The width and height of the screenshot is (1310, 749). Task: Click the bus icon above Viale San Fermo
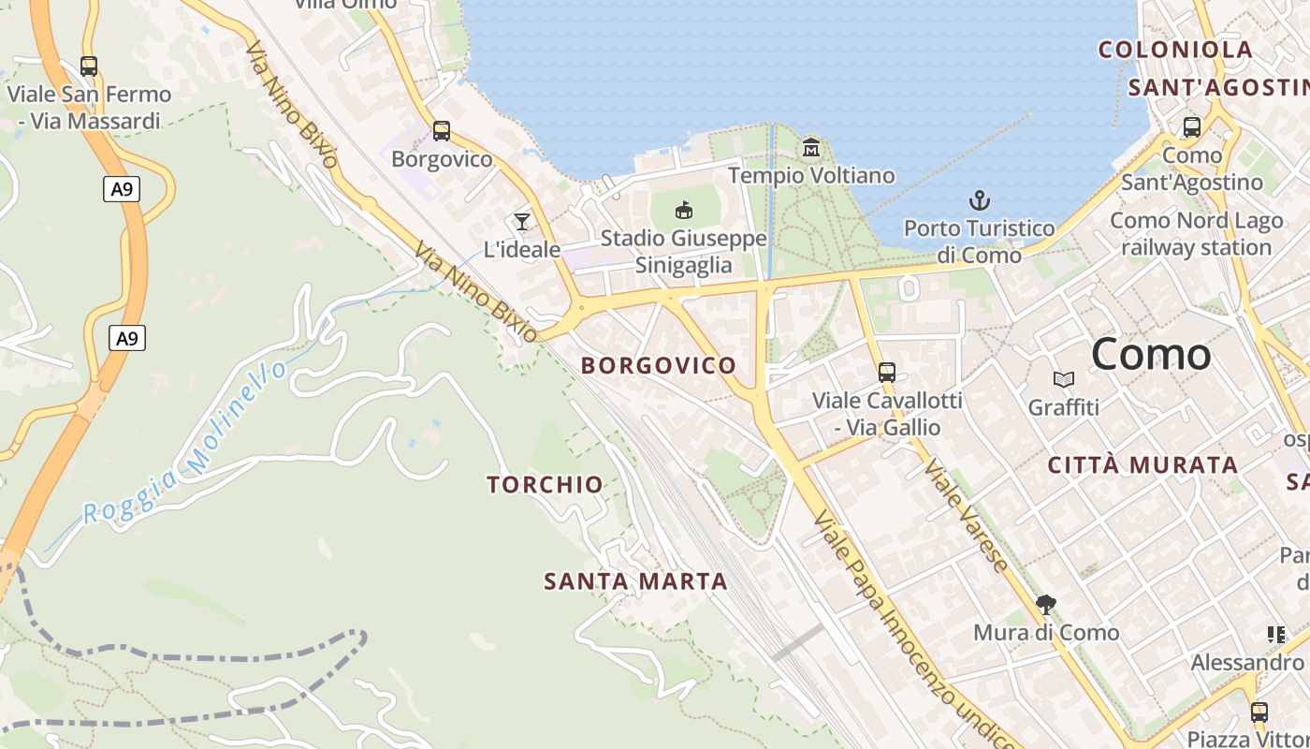[89, 66]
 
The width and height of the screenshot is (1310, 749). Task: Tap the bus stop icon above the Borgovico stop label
[442, 131]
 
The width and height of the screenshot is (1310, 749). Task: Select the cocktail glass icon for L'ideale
[522, 222]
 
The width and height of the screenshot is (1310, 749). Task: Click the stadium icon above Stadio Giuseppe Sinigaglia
[684, 210]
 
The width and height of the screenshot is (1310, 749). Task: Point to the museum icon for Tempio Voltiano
[811, 148]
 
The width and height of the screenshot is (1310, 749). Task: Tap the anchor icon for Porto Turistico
[979, 200]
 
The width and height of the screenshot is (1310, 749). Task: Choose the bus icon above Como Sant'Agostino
[1192, 127]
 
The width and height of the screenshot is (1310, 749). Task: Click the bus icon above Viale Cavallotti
[887, 373]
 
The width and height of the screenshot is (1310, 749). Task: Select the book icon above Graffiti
[1064, 379]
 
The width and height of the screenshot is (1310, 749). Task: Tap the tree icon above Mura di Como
[1046, 605]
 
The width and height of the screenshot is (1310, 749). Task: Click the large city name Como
[1151, 354]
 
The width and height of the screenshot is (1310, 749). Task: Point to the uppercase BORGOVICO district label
[659, 365]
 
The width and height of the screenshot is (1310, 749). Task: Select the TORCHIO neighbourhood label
[545, 484]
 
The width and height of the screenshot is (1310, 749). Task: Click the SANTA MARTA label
[635, 581]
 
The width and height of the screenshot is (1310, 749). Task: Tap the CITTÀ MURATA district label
[1143, 465]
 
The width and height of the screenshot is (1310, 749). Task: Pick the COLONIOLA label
[1175, 50]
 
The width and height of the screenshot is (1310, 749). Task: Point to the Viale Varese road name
[968, 514]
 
